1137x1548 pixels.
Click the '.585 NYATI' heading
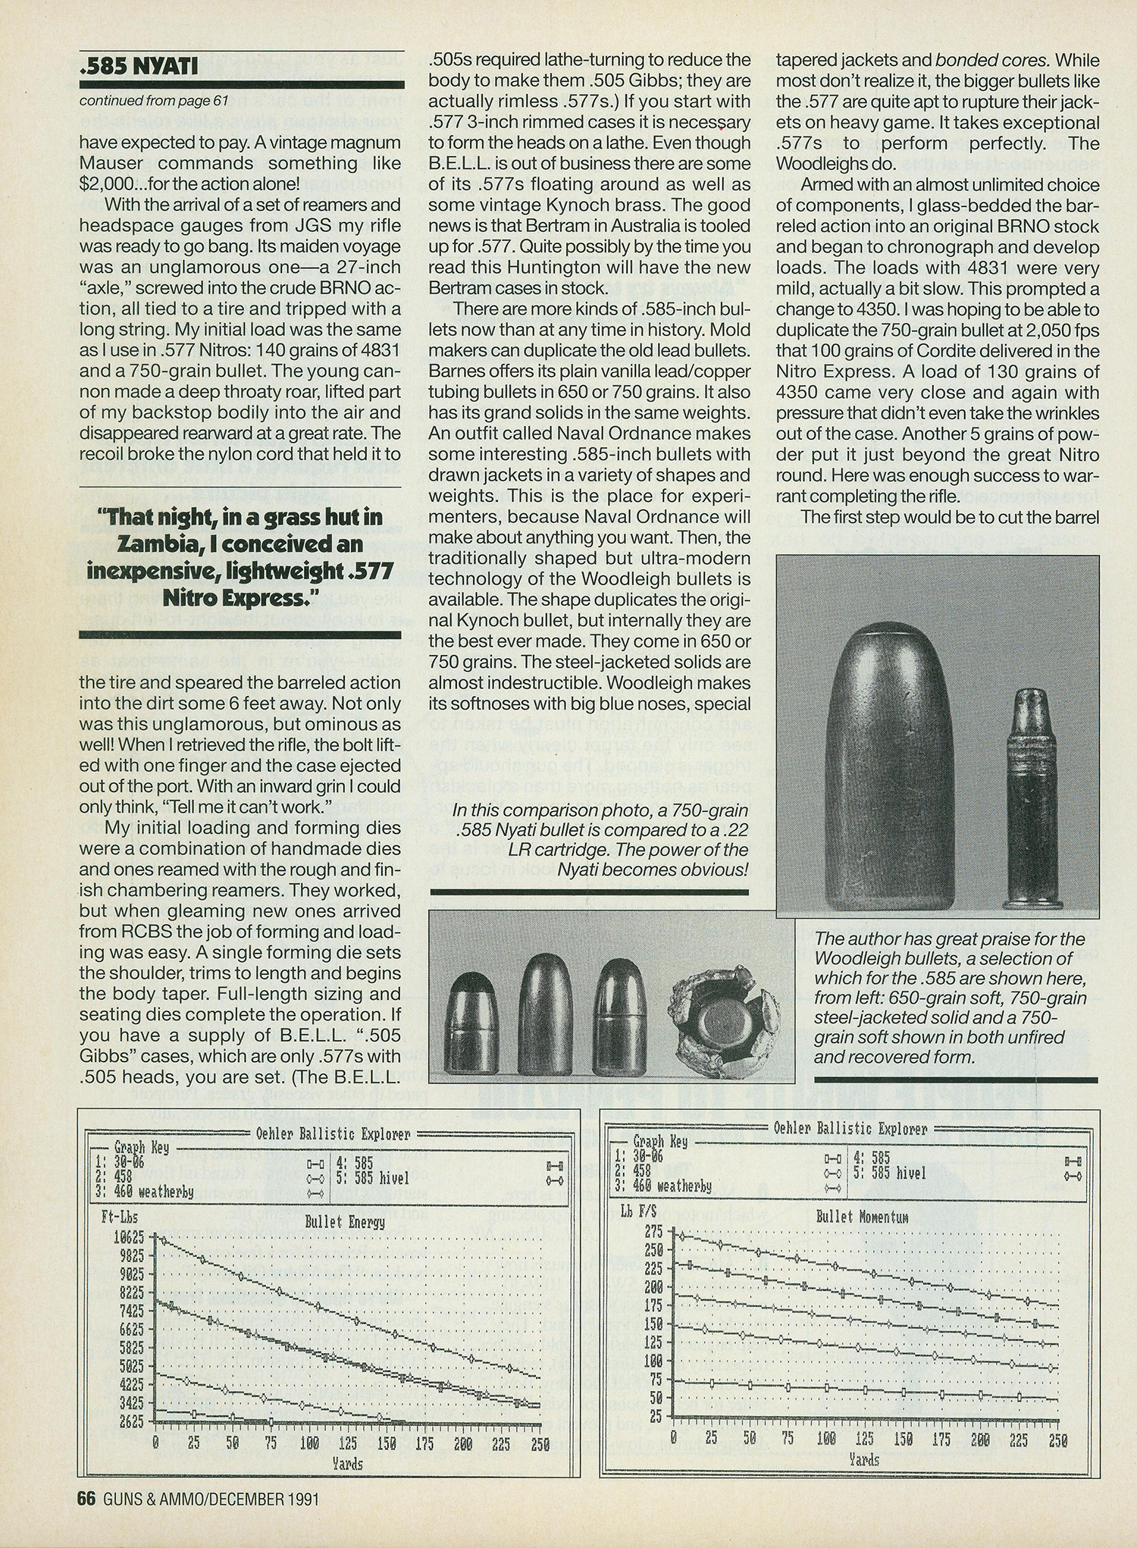point(139,67)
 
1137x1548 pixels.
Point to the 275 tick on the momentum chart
point(653,1232)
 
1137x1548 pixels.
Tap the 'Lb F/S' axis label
point(638,1212)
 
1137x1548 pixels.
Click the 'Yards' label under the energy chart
point(347,1464)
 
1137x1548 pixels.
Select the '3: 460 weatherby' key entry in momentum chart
point(663,1186)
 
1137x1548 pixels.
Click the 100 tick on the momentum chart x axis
point(826,1439)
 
